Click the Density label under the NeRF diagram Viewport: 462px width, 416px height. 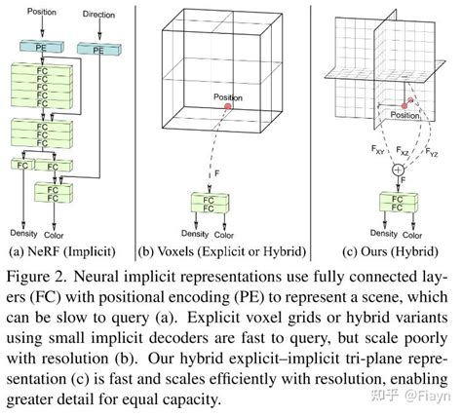pyautogui.click(x=25, y=234)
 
